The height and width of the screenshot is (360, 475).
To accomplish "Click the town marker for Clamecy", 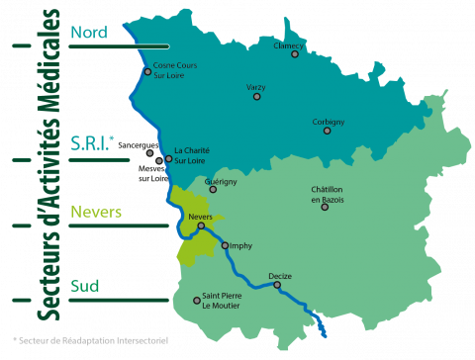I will click(x=295, y=54).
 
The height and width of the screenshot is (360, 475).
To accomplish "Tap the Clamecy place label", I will click(x=288, y=45).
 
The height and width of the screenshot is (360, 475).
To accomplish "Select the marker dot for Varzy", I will click(x=257, y=97).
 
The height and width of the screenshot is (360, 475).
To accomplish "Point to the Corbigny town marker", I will click(x=328, y=131).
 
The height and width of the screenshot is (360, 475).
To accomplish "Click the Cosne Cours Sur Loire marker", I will click(x=147, y=71).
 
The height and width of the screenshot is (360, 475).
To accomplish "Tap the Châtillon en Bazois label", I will click(x=332, y=194).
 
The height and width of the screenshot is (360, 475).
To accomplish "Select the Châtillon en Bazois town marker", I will click(x=325, y=207).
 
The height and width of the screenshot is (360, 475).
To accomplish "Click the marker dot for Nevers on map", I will click(x=201, y=225).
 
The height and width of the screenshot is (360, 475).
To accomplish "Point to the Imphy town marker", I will click(x=225, y=245).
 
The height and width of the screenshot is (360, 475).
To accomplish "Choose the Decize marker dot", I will click(x=277, y=285).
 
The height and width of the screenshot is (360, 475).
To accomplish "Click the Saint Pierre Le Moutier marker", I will click(x=197, y=301).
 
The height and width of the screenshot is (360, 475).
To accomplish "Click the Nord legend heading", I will click(x=88, y=32).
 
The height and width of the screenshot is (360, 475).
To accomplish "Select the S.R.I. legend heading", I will click(x=91, y=145).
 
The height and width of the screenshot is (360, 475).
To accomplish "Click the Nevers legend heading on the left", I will click(x=96, y=213).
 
